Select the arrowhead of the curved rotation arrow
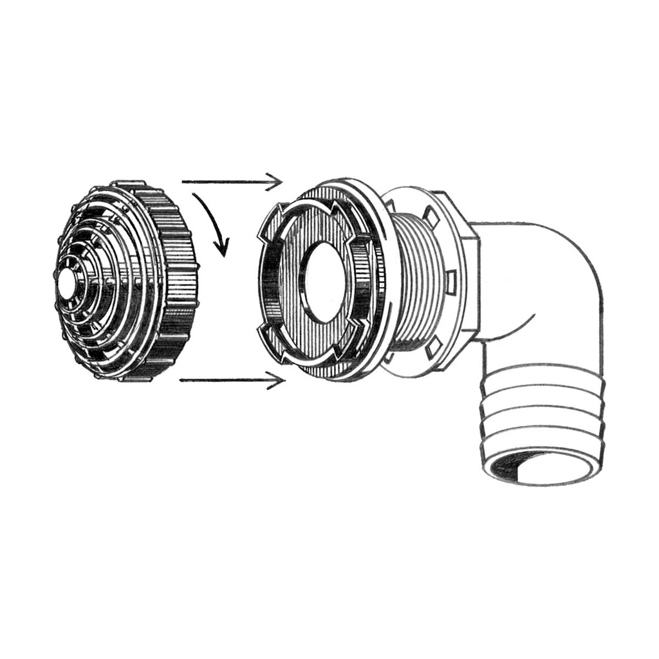pos(222,248)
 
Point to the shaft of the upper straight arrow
pos(225,182)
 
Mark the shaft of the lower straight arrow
pos(225,380)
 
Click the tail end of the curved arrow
pos(195,192)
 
